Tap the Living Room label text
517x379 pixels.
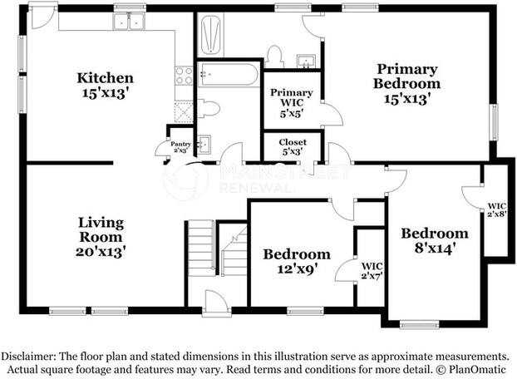click(101, 235)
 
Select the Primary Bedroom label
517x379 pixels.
click(406, 83)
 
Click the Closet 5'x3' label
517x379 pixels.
click(292, 146)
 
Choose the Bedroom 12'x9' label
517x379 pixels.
click(297, 261)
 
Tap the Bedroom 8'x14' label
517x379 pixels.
click(434, 239)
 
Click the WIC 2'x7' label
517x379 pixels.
click(371, 270)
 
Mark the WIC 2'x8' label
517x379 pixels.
click(497, 209)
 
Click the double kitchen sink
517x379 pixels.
click(128, 22)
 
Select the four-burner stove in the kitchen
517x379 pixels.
click(185, 76)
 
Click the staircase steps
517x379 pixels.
click(200, 249)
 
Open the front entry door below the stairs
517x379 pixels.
click(217, 303)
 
